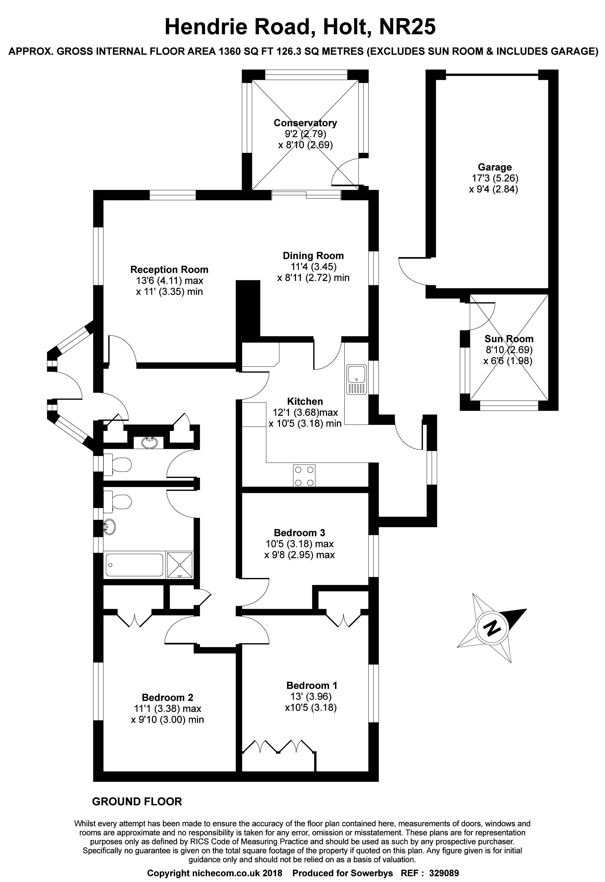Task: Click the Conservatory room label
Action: click(x=305, y=123)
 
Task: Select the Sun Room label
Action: click(x=509, y=339)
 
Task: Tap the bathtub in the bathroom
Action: click(x=135, y=565)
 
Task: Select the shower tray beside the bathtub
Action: click(x=180, y=565)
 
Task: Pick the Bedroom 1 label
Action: click(x=312, y=685)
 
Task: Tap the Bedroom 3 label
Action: click(x=300, y=533)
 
